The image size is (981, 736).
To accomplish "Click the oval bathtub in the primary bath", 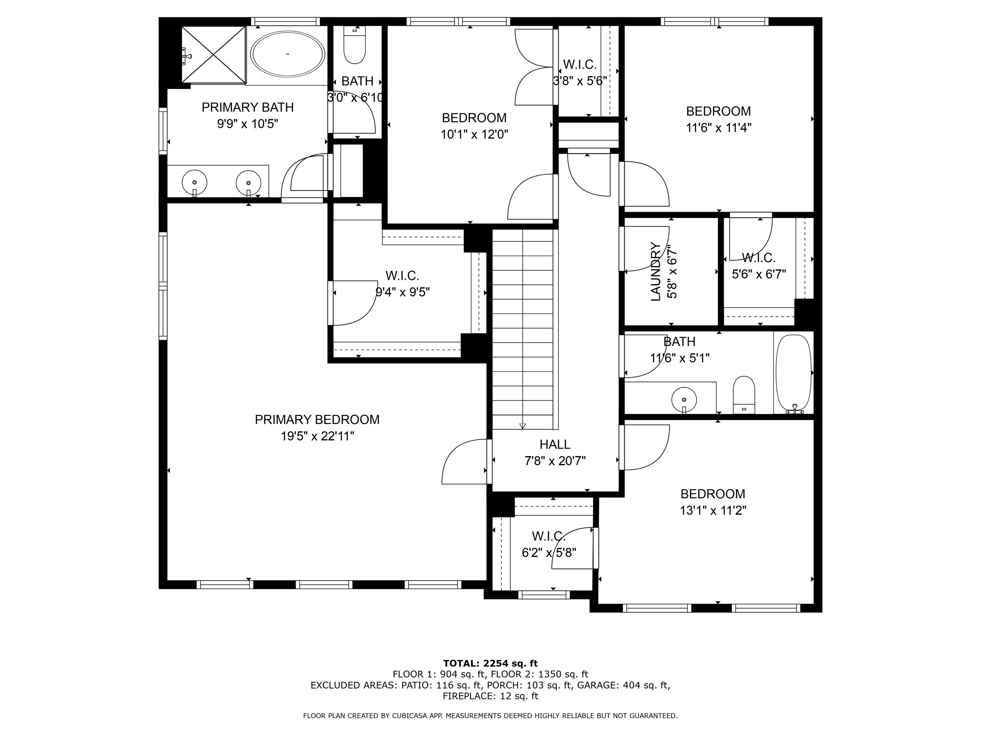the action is pyautogui.click(x=287, y=54).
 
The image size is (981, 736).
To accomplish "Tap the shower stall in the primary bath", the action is pyautogui.click(x=213, y=55).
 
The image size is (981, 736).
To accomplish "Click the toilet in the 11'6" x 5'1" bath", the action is pyautogui.click(x=744, y=395).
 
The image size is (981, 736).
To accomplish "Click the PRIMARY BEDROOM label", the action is pyautogui.click(x=317, y=420).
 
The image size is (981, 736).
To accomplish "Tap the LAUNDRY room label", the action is pyautogui.click(x=656, y=272).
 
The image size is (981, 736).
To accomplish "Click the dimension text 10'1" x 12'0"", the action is pyautogui.click(x=474, y=134).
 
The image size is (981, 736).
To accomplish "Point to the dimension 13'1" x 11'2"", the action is pyautogui.click(x=713, y=510).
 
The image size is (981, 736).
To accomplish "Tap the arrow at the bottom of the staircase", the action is pyautogui.click(x=522, y=426).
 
